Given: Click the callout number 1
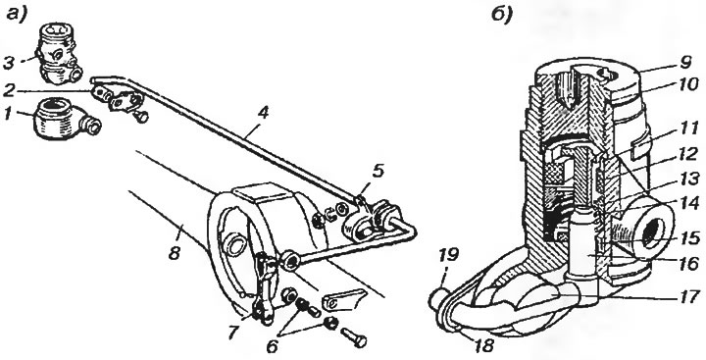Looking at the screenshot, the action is pyautogui.click(x=8, y=115).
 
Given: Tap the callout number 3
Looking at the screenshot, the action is pyautogui.click(x=10, y=62).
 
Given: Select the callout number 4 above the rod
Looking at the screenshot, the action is pyautogui.click(x=262, y=113).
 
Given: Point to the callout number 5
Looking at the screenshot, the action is pyautogui.click(x=378, y=173).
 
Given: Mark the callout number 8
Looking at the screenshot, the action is pyautogui.click(x=175, y=253).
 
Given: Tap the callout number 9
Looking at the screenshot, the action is pyautogui.click(x=685, y=62).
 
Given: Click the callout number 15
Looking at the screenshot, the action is pyautogui.click(x=687, y=237).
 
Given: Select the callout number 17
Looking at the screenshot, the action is pyautogui.click(x=688, y=296).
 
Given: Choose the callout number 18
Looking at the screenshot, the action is pyautogui.click(x=482, y=345).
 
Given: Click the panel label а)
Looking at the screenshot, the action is pyautogui.click(x=18, y=15).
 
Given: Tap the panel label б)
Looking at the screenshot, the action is pyautogui.click(x=502, y=17).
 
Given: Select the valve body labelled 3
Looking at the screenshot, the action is pyautogui.click(x=58, y=53).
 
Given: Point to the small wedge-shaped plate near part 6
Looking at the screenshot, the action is pyautogui.click(x=342, y=298).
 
